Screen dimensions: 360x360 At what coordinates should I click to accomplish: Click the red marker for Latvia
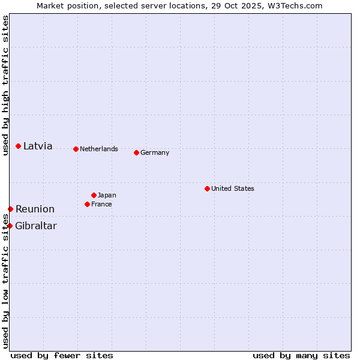point(19,146)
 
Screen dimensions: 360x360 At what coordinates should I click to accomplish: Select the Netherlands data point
point(76,149)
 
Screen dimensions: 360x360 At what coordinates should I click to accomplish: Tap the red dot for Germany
point(136,152)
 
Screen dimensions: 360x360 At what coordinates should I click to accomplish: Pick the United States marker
point(207,188)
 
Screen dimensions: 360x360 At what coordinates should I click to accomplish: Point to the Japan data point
point(94,195)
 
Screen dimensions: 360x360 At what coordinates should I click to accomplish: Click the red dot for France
point(87,204)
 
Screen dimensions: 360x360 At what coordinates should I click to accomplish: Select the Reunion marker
point(10,209)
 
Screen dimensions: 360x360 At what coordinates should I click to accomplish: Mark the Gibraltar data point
point(10,226)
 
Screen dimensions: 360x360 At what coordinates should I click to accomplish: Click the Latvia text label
point(38,146)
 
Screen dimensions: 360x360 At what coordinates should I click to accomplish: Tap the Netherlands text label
point(99,149)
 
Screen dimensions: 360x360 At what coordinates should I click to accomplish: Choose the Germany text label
point(155,152)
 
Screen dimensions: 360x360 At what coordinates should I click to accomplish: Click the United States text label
point(233,188)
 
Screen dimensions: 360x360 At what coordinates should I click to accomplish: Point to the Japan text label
point(107,195)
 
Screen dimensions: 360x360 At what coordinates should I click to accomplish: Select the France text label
point(101,204)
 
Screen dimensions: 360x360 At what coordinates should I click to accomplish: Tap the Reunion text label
point(35,209)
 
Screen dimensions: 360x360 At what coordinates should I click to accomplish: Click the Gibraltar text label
point(36,226)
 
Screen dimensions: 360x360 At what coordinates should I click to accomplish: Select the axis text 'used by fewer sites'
point(62,355)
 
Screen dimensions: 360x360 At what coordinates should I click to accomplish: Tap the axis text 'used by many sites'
point(301,355)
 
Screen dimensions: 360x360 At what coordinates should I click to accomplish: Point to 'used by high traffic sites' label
point(5,85)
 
